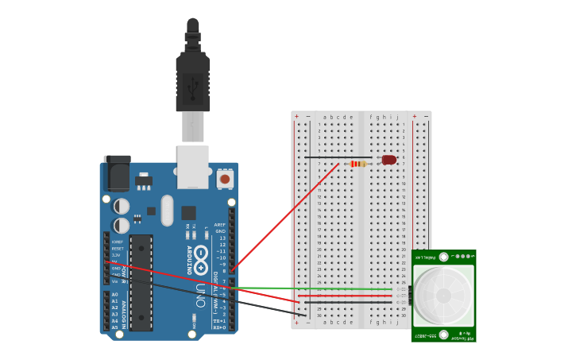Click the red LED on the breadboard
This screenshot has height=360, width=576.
point(389,160)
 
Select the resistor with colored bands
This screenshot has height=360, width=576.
point(358,164)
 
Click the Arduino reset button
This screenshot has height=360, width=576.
point(225,179)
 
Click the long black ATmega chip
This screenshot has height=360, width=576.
point(141,282)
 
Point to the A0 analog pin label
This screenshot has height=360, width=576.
point(114,295)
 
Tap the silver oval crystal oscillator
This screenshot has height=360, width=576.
point(167,211)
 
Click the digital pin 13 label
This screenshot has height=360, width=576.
point(222,238)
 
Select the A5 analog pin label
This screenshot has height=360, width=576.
point(114,327)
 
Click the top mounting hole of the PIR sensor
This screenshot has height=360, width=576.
point(443,257)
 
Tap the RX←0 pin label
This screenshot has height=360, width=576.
point(218,327)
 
